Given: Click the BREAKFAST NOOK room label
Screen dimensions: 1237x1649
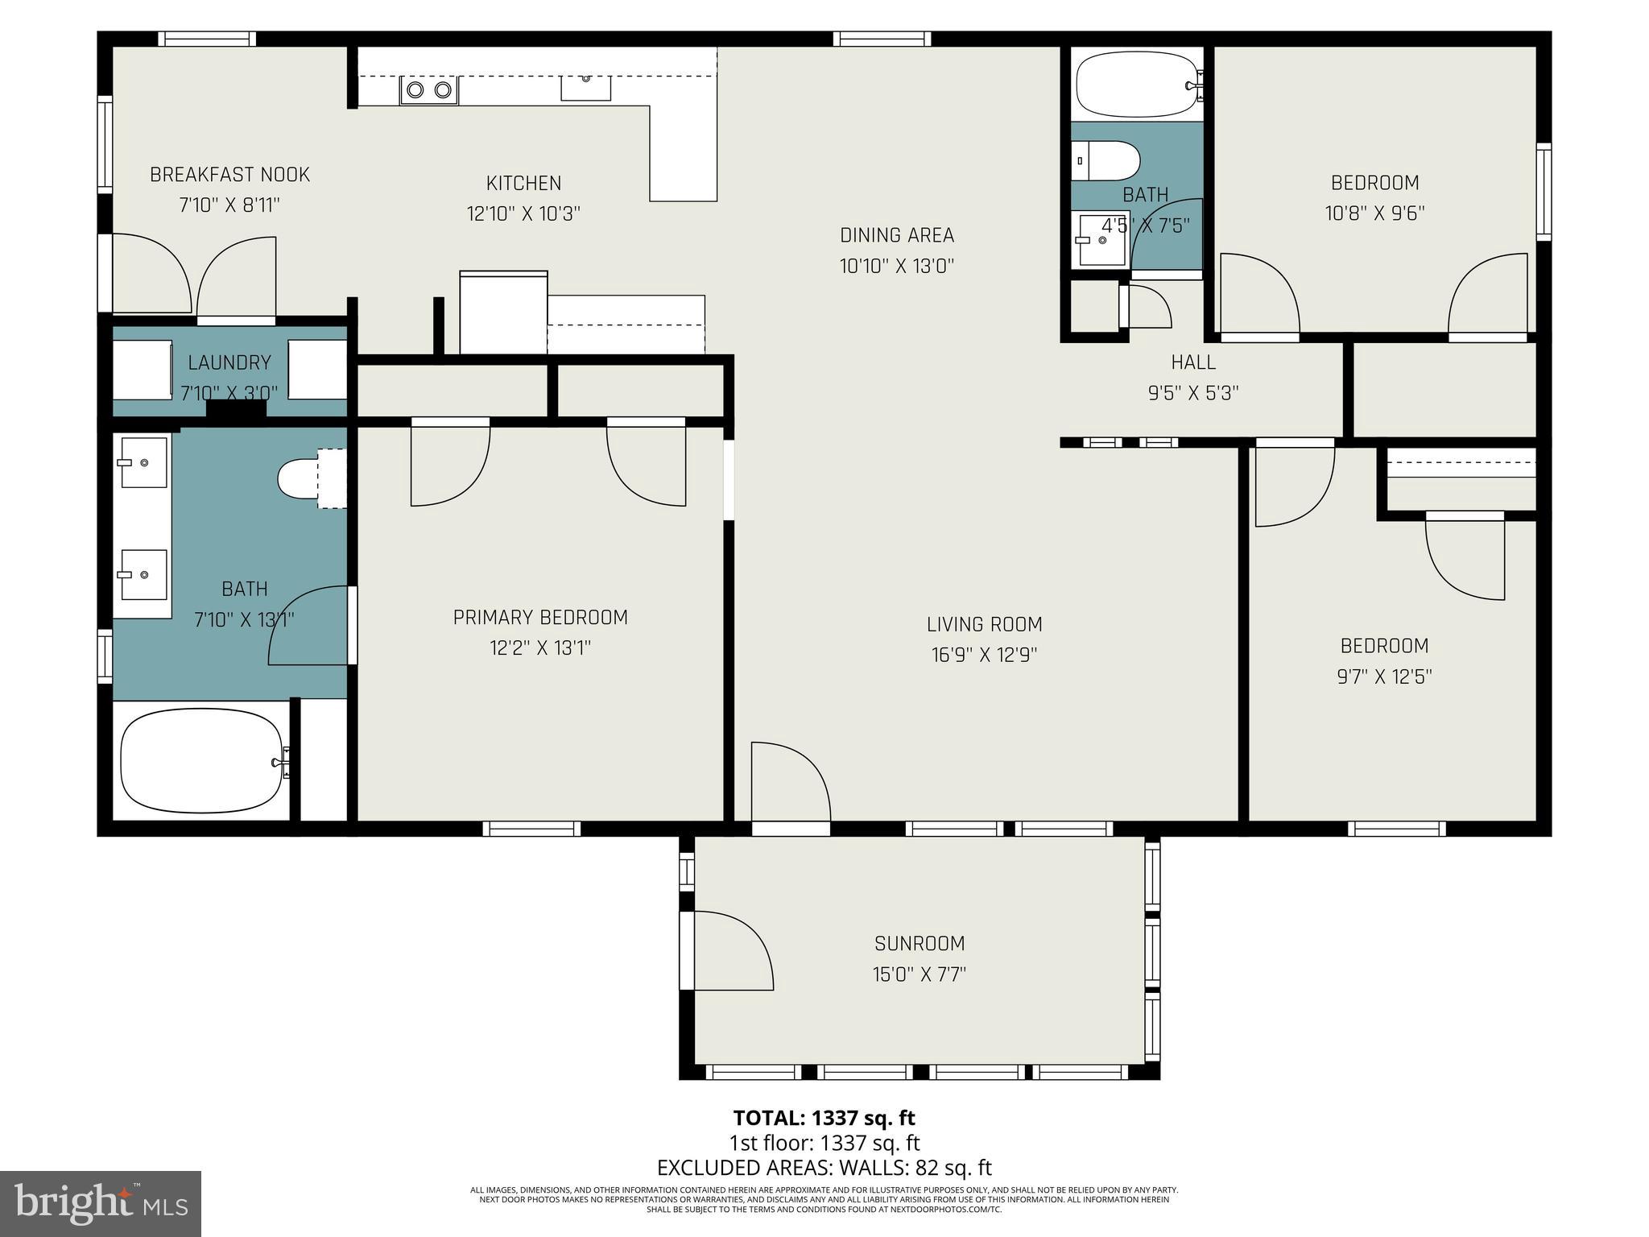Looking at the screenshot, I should click(229, 175).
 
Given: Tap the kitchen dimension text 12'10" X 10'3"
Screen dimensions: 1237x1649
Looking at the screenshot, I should click(523, 214).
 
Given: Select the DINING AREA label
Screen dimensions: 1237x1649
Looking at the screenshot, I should click(897, 235).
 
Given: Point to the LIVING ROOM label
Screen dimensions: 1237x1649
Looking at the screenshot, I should click(984, 624).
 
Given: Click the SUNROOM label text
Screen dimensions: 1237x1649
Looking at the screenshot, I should click(920, 943).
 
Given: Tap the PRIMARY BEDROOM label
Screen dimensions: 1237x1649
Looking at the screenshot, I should click(540, 618).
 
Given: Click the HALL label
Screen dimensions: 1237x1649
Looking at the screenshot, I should click(1193, 362).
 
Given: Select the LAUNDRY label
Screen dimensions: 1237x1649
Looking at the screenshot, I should click(229, 362).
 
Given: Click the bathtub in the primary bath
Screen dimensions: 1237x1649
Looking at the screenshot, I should click(201, 761).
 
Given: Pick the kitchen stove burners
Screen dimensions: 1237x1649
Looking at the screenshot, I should click(429, 90).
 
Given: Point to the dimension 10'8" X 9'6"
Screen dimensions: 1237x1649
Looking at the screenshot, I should click(1374, 213).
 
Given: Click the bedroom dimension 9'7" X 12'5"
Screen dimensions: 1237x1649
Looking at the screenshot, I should click(1384, 676).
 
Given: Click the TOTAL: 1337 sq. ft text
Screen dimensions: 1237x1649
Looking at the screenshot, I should click(824, 1118).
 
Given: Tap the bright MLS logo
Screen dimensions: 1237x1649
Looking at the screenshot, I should click(101, 1203).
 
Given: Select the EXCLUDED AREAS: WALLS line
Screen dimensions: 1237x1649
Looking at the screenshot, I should click(824, 1168).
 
